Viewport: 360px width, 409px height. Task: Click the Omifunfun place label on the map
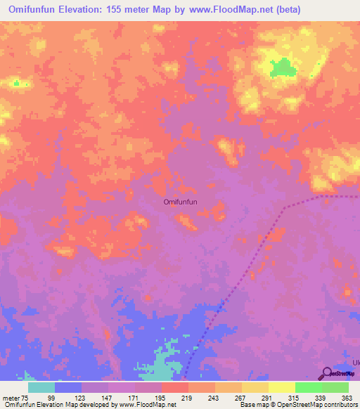(180, 202)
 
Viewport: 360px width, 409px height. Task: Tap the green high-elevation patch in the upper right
(283, 68)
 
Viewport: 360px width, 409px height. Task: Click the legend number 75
(26, 398)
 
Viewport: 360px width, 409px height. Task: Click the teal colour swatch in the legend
(41, 387)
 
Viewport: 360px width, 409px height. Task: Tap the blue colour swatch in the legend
(68, 387)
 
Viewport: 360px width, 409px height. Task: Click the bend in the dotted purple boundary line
(284, 208)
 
